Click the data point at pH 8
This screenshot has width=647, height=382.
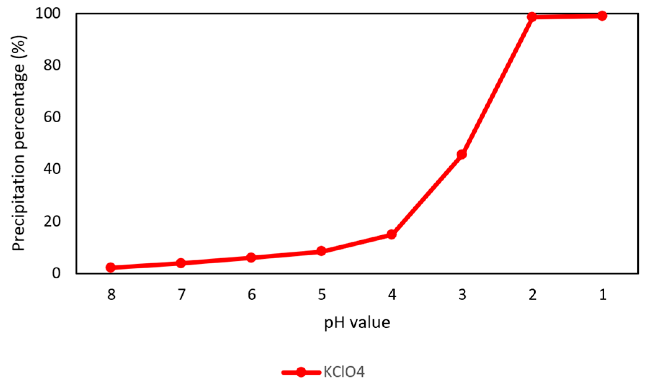pyautogui.click(x=111, y=267)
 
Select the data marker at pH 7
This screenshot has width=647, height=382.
pyautogui.click(x=181, y=263)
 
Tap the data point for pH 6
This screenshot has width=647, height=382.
pyautogui.click(x=251, y=258)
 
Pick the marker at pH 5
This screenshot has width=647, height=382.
pyautogui.click(x=321, y=251)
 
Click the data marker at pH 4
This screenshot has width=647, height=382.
pyautogui.click(x=391, y=235)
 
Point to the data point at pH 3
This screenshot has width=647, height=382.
pyautogui.click(x=462, y=154)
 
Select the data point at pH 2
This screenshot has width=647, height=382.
pyautogui.click(x=532, y=17)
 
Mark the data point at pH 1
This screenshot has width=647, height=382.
pyautogui.click(x=602, y=16)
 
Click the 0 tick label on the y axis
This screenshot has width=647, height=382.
pyautogui.click(x=56, y=273)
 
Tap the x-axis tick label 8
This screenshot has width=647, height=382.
pyautogui.click(x=111, y=295)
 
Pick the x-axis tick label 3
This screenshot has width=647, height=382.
pyautogui.click(x=462, y=295)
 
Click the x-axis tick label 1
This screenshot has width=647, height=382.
pyautogui.click(x=603, y=295)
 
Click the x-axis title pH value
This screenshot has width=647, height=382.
pyautogui.click(x=357, y=323)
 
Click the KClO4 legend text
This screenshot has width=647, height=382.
pyautogui.click(x=344, y=372)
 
